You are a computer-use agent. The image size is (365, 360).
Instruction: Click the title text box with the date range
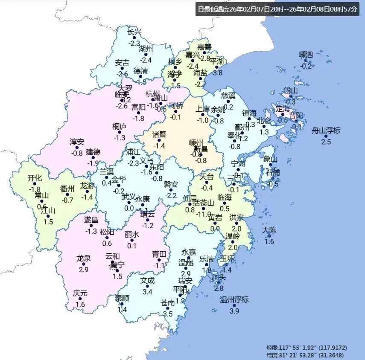tap(277, 9)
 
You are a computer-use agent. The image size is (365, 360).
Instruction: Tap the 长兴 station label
tap(134, 32)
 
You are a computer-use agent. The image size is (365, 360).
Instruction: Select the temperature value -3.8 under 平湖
tap(218, 73)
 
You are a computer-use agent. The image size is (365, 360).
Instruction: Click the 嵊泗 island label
tap(306, 55)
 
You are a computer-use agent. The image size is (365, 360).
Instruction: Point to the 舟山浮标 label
tap(326, 131)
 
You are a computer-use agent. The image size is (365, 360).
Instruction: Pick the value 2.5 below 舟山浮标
tap(326, 142)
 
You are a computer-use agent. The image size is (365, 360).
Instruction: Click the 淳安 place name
tap(77, 142)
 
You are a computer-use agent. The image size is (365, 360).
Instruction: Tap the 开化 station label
tap(35, 178)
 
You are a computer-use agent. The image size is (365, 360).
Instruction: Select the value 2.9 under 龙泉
tap(84, 270)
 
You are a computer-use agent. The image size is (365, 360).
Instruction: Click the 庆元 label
tap(80, 293)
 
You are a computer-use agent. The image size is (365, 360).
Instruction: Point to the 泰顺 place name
tap(122, 298)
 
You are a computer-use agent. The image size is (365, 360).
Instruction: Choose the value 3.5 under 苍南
tap(168, 314)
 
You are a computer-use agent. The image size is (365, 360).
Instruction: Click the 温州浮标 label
tap(234, 300)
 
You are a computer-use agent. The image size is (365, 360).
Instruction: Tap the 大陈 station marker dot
tap(269, 236)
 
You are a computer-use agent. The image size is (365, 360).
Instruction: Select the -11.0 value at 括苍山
tap(204, 214)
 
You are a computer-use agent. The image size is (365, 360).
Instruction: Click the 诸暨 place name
tap(159, 135)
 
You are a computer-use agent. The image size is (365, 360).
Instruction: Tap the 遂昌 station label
tap(91, 220)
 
